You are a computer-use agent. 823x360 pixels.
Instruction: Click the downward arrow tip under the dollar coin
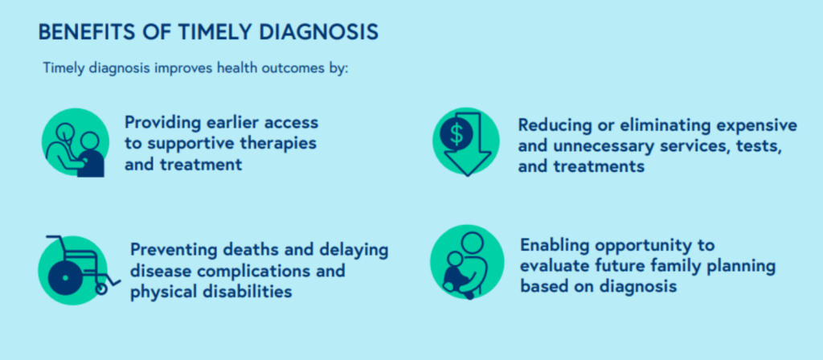click(x=467, y=175)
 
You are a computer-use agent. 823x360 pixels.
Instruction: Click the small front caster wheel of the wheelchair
click(x=101, y=288)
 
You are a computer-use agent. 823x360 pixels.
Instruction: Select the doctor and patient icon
click(x=75, y=142)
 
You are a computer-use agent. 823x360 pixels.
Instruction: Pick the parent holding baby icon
click(x=467, y=263)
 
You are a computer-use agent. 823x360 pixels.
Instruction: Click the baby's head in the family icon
click(x=455, y=260)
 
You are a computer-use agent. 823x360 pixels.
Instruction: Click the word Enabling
click(x=553, y=246)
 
